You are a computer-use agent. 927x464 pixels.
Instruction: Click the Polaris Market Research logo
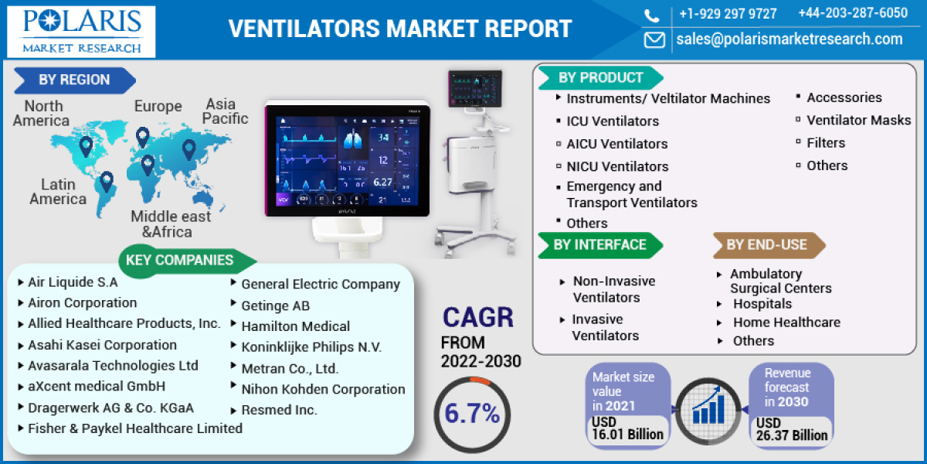point(82,32)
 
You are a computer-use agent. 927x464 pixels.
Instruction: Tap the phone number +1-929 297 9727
point(728,14)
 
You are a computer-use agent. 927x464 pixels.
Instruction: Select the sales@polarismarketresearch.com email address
point(789,39)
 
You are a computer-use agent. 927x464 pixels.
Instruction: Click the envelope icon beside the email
point(654,39)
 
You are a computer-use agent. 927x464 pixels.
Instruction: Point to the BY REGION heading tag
point(75,80)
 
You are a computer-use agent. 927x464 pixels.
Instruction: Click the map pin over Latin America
point(107,182)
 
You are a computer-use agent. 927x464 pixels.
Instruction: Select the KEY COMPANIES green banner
point(179,260)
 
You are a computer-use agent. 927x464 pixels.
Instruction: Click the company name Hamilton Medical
point(295,326)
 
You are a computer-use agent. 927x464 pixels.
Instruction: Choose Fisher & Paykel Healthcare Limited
point(135,428)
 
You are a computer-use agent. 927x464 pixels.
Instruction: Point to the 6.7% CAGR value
point(471,414)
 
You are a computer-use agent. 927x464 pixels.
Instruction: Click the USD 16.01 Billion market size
point(627,428)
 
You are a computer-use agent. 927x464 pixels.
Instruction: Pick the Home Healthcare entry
point(786,322)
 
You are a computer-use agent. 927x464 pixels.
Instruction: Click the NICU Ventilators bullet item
point(617,166)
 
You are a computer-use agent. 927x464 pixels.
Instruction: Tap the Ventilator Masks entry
point(858,120)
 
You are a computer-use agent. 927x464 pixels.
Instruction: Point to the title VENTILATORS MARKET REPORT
point(400,29)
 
